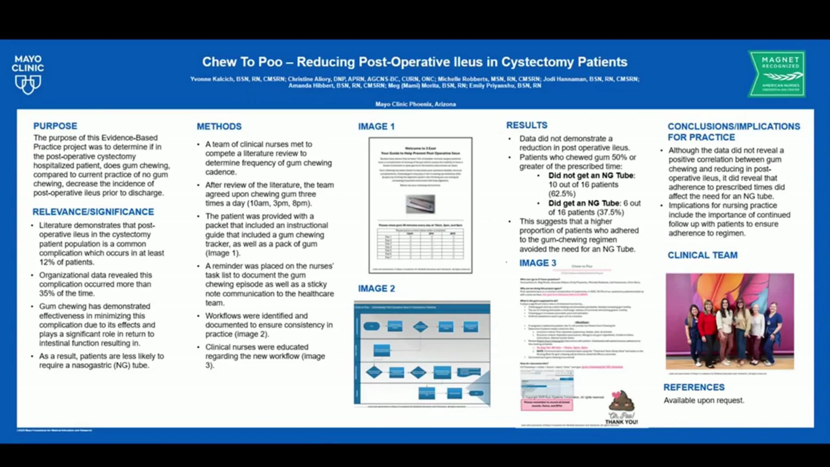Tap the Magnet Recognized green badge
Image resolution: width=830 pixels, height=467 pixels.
pos(777,74)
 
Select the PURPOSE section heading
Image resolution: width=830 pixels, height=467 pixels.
pos(55,126)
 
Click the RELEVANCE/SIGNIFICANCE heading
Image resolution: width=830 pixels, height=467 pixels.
pos(93,211)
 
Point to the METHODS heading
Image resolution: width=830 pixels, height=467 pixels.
pos(219,126)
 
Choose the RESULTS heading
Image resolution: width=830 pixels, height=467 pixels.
pos(527,125)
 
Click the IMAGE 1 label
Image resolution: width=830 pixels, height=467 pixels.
pos(376,126)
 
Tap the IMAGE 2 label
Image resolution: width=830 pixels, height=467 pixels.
pos(376,288)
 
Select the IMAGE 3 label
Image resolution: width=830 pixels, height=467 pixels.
pos(538,263)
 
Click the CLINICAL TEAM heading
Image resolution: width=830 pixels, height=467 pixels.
pos(702,255)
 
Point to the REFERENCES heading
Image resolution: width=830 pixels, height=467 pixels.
pos(694,387)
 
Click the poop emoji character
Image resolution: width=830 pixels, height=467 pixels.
pos(622,401)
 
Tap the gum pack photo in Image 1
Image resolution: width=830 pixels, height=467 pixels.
pos(420,204)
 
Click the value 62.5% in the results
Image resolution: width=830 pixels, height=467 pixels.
pos(562,194)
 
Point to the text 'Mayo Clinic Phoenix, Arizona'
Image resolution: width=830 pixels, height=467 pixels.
pos(415,104)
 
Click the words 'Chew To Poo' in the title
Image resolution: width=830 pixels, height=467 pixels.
pos(242,62)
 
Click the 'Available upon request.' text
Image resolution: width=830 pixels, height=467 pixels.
pos(704,400)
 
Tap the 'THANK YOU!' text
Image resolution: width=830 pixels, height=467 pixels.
pos(621,422)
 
